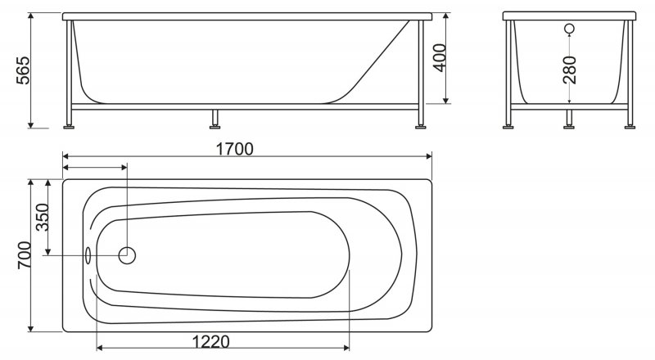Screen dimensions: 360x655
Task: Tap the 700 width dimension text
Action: tap(25, 256)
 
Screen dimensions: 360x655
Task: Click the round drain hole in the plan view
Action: tap(128, 255)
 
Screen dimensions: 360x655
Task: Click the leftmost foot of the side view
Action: tap(70, 124)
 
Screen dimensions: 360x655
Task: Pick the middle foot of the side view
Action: tap(215, 124)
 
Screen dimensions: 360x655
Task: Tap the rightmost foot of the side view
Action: tap(421, 124)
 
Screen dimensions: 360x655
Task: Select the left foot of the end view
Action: tap(510, 124)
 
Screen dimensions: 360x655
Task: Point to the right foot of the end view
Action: tap(630, 124)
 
